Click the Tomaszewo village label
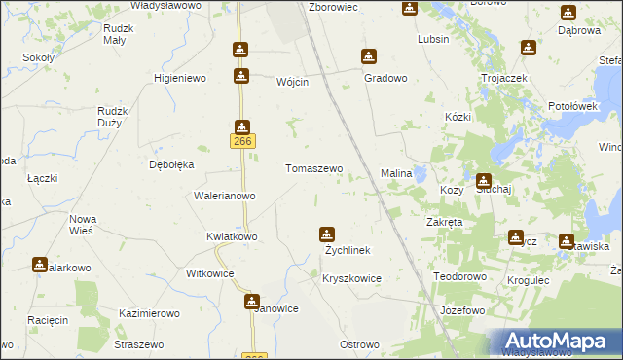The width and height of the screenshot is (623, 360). pyautogui.click(x=313, y=168)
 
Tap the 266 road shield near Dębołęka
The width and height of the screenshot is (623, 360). pyautogui.click(x=242, y=142)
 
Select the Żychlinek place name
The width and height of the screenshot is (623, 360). pyautogui.click(x=348, y=250)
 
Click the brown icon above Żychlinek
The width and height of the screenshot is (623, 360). pyautogui.click(x=327, y=234)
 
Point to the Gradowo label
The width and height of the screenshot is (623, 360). pyautogui.click(x=385, y=77)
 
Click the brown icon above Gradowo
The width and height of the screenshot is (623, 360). pyautogui.click(x=368, y=56)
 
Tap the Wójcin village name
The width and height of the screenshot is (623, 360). pyautogui.click(x=292, y=82)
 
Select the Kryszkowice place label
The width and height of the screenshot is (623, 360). pyautogui.click(x=351, y=278)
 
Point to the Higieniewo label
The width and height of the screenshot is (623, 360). pyautogui.click(x=182, y=77)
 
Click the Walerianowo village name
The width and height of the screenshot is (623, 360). pyautogui.click(x=225, y=196)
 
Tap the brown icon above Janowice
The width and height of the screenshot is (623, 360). pyautogui.click(x=251, y=302)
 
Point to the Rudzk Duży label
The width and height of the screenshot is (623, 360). pyautogui.click(x=113, y=118)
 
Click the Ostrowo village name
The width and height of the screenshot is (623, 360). pyautogui.click(x=358, y=345)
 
